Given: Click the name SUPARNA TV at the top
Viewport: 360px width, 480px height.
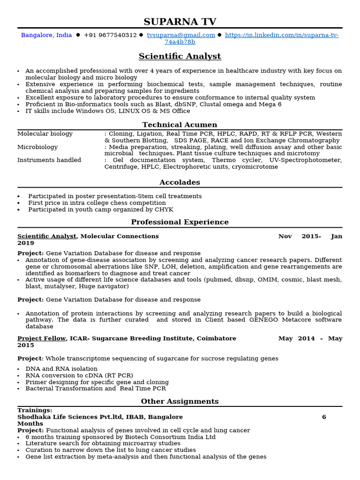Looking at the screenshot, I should tap(180, 22).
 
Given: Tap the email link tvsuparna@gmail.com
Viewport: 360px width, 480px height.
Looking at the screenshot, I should tap(181, 35).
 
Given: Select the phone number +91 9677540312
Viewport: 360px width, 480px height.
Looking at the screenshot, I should tap(110, 35).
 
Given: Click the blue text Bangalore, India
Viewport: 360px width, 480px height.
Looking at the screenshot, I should tap(46, 35).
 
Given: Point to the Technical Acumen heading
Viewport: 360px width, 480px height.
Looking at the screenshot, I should tap(180, 125).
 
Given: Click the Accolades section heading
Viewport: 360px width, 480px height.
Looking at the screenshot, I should tap(180, 182).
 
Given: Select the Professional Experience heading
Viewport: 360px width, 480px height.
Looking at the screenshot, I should tap(180, 222).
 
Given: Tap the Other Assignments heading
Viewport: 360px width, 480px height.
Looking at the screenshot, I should tap(180, 402).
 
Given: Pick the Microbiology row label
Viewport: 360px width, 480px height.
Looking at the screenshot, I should tap(37, 147).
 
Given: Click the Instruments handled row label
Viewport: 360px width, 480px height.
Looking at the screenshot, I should tap(49, 160).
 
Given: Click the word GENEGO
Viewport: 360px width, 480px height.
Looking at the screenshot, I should tap(264, 320).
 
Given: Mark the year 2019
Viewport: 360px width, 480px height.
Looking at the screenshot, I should tap(26, 243).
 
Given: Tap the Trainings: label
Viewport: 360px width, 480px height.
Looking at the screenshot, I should tap(35, 411).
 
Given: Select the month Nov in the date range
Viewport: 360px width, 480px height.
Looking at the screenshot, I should tap(285, 236).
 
